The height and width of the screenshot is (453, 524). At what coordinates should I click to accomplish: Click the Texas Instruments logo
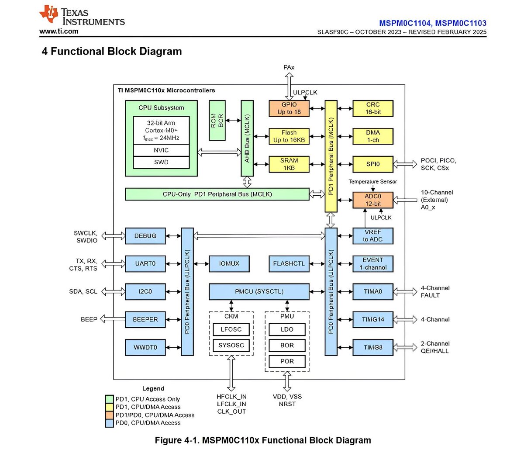[x=82, y=16]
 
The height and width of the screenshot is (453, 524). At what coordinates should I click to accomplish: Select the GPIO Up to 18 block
[x=289, y=108]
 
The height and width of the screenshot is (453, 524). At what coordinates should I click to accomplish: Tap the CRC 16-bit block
[x=373, y=108]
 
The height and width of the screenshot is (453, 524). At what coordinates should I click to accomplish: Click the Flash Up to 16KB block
[x=289, y=136]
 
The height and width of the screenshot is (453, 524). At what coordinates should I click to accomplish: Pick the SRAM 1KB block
[x=289, y=164]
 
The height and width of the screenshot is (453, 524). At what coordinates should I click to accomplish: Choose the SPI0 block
[x=373, y=164]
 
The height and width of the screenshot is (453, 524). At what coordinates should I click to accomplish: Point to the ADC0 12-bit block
[x=373, y=200]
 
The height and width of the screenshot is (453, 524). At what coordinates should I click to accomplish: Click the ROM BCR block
[x=217, y=121]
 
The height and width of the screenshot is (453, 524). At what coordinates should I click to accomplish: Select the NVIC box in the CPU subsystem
[x=161, y=150]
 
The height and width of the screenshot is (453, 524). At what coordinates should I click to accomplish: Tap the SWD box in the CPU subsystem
[x=161, y=162]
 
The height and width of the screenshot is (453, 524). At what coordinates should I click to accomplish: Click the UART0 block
[x=145, y=264]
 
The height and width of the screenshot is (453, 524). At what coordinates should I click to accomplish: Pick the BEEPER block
[x=145, y=320]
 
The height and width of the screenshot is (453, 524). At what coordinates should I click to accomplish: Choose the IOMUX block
[x=229, y=264]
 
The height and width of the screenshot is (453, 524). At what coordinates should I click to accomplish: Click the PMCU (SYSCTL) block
[x=259, y=292]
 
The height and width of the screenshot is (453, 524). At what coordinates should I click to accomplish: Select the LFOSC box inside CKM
[x=231, y=329]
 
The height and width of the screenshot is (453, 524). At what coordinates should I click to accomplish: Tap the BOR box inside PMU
[x=287, y=346]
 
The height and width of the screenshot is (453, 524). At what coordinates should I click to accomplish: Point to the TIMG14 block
[x=373, y=320]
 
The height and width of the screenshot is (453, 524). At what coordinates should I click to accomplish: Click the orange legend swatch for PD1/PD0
[x=109, y=415]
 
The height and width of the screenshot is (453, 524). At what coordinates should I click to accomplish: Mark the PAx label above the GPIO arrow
[x=289, y=67]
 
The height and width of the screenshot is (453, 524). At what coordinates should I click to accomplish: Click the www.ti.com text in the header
[x=59, y=31]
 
